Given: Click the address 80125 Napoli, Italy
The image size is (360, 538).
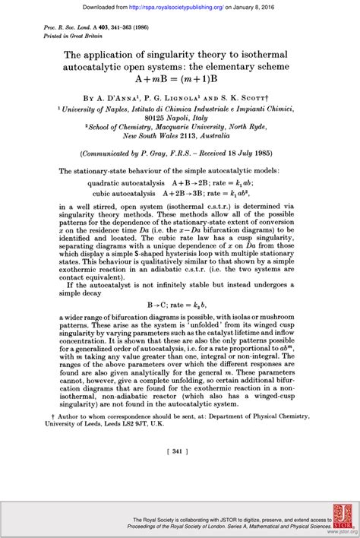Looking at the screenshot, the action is [180, 119].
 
